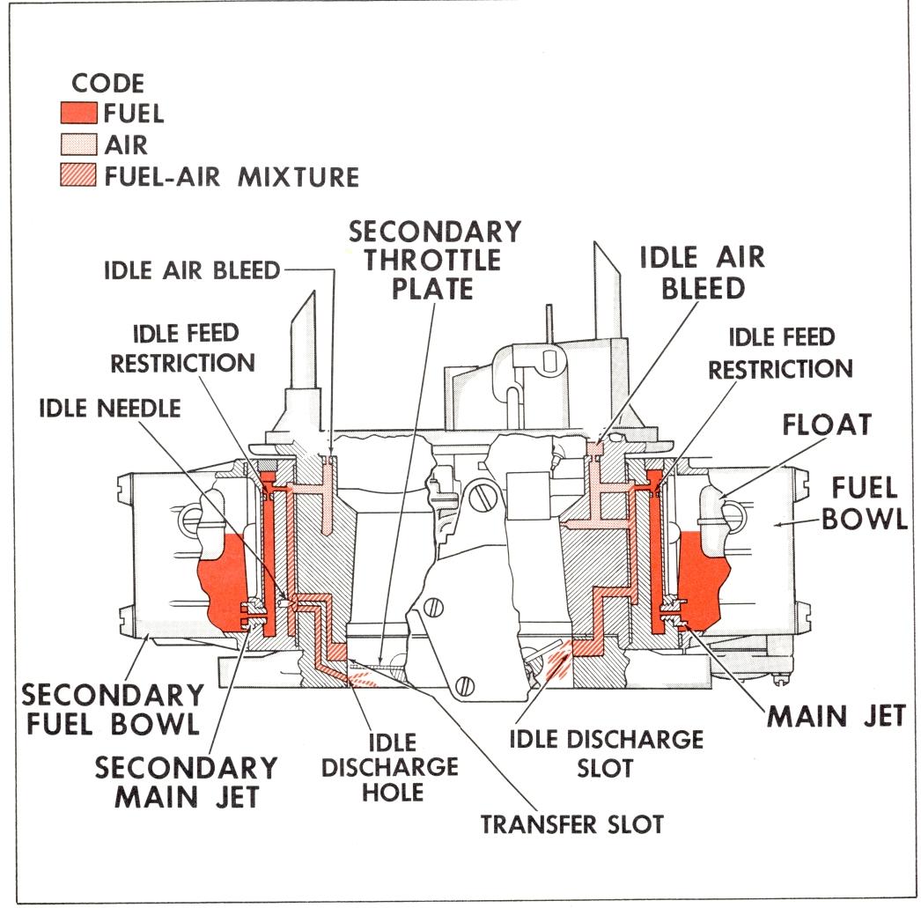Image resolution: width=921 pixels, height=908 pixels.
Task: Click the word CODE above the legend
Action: [107, 84]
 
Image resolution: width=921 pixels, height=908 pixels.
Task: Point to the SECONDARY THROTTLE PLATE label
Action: [435, 260]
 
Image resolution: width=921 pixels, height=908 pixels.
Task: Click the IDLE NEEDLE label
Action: [110, 408]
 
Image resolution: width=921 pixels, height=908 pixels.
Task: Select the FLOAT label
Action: [828, 424]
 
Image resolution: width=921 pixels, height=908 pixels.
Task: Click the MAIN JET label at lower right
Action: [836, 715]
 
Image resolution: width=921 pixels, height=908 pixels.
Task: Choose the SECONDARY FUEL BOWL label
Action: [110, 711]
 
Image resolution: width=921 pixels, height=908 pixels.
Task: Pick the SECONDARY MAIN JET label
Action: [186, 782]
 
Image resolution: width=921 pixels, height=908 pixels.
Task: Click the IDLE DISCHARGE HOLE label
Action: [389, 766]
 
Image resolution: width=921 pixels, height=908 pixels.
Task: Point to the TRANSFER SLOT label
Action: [571, 824]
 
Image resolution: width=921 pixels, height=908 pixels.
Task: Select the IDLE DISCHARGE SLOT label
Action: [606, 752]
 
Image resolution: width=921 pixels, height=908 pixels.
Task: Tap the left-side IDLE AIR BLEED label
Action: [191, 270]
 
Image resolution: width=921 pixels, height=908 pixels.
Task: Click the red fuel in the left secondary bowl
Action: [222, 581]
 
